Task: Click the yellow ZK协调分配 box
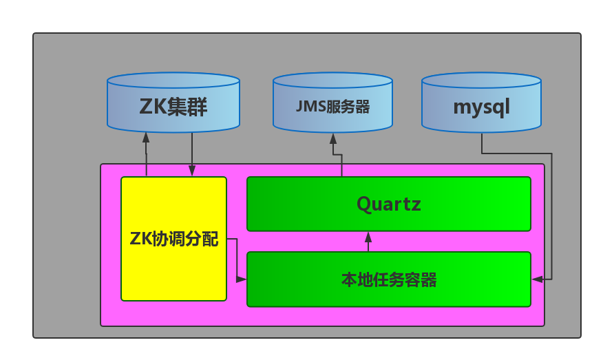173,268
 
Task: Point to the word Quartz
388,204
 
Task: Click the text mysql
481,108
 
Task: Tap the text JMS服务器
332,107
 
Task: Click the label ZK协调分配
173,239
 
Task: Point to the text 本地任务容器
388,279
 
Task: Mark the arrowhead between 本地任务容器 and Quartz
368,237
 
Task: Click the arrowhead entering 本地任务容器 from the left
242,279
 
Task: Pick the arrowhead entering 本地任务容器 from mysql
537,279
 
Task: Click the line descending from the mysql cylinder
481,142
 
